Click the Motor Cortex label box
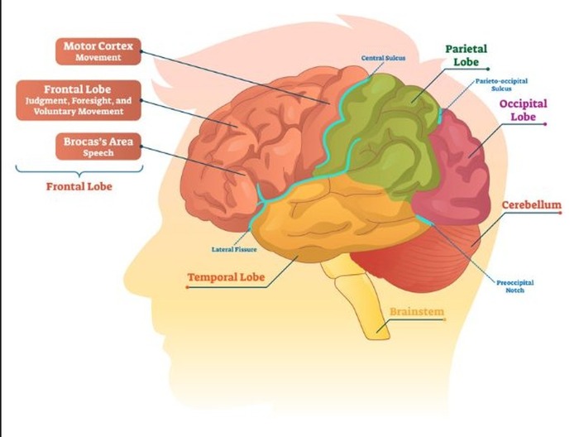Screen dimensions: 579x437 98,51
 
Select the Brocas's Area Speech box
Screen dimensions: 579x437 98,146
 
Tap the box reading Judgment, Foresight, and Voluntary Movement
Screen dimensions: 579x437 79,100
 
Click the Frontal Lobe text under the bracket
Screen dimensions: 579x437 79,186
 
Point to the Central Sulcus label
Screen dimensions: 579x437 383,58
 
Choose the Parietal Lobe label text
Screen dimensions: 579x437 466,55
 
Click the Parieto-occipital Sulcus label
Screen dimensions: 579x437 501,84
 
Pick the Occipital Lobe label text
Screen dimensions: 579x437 524,110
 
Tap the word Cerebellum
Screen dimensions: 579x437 531,205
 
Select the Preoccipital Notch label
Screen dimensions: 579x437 515,286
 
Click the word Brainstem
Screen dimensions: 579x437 417,311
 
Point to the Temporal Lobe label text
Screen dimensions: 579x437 226,277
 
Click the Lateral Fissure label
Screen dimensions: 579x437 234,249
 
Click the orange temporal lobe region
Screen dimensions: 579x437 333,218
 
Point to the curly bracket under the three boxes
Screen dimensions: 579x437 79,170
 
